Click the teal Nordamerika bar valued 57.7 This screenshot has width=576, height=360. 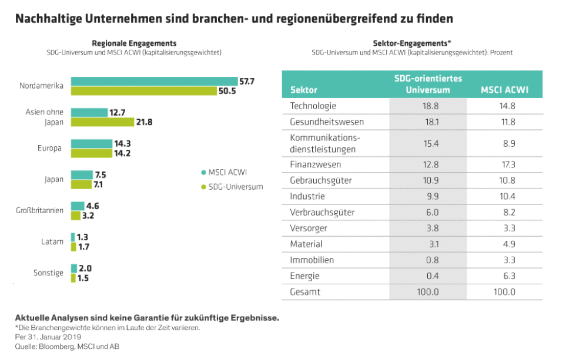[x=154, y=81]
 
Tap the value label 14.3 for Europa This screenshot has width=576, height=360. [x=123, y=143]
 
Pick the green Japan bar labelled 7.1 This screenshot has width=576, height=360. [x=82, y=184]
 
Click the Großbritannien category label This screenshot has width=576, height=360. [x=39, y=210]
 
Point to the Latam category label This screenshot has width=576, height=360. [x=52, y=241]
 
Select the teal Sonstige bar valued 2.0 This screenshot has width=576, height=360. [x=74, y=268]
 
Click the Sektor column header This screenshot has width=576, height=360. [x=303, y=90]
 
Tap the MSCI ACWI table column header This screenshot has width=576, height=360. [x=504, y=90]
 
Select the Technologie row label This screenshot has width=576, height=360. [x=313, y=106]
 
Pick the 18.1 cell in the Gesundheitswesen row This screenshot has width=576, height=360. [x=427, y=122]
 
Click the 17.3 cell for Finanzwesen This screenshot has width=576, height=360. [x=504, y=164]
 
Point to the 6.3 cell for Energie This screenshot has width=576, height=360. [x=504, y=275]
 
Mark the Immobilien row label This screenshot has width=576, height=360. [x=312, y=260]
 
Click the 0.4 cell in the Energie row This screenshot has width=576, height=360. [x=427, y=275]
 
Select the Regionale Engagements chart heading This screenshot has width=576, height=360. [x=134, y=43]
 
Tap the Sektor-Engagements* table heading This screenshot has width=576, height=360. [x=412, y=43]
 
